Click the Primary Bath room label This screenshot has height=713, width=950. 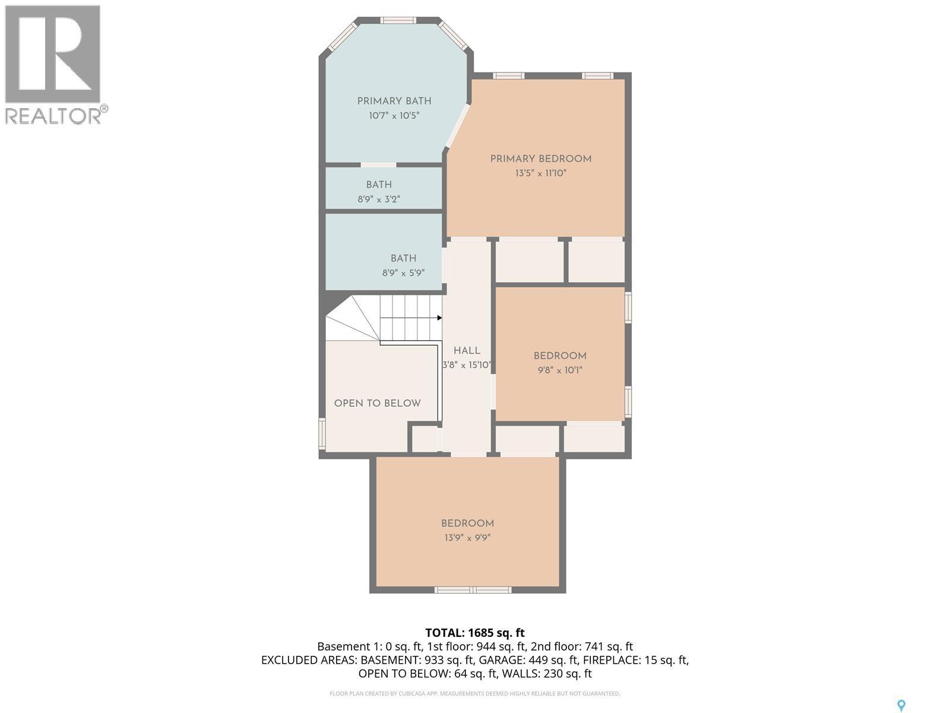tap(394, 101)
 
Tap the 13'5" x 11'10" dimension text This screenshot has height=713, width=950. tap(540, 173)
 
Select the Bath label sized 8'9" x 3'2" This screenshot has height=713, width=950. tap(379, 185)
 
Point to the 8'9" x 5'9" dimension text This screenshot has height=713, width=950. tap(403, 273)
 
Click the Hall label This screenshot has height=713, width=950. tap(467, 351)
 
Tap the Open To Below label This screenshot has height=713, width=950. tap(377, 403)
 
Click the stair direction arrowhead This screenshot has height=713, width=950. tap(439, 318)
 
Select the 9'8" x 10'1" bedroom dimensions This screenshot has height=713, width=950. tap(560, 370)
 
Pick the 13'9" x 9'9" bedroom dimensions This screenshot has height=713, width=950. tap(467, 538)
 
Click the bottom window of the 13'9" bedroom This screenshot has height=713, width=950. tap(473, 590)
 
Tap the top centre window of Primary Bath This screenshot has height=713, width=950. tap(397, 20)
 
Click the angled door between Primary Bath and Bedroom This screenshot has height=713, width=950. tap(458, 125)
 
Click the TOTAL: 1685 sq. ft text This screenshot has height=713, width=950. tap(475, 633)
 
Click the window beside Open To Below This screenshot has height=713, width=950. tap(322, 434)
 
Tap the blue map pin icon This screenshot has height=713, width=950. tap(901, 705)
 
